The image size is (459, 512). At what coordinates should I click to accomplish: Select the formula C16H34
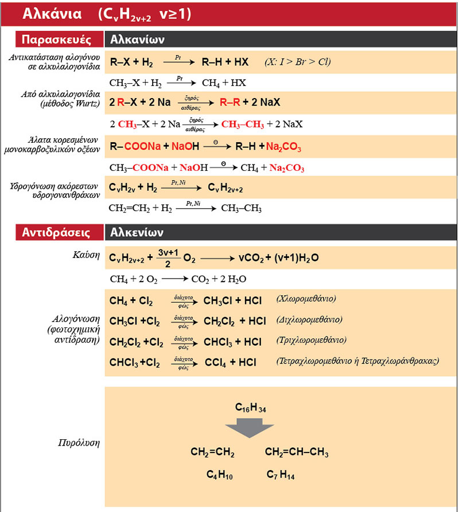[x=251, y=408]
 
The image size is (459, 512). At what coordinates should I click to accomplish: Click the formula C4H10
[x=220, y=475]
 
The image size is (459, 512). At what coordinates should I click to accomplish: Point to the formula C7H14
[x=281, y=475]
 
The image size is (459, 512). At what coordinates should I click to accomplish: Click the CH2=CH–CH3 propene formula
[x=297, y=453]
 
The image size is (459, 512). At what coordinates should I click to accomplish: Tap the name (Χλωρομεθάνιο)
[x=306, y=299]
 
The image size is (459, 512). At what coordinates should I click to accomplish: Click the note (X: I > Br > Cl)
[x=297, y=61]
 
